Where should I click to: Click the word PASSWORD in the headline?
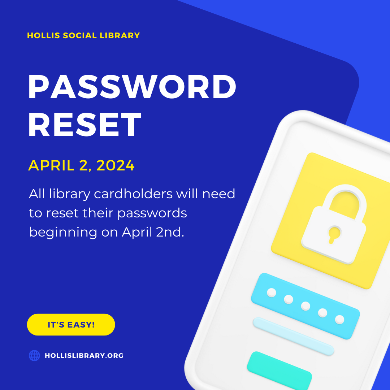click(x=132, y=87)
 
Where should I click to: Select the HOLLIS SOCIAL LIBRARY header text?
click(x=83, y=35)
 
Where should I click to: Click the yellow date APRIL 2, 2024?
click(x=81, y=165)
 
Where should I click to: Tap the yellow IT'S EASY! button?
click(x=71, y=325)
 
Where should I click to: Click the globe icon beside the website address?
click(x=34, y=355)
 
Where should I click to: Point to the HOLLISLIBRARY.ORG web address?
click(x=84, y=355)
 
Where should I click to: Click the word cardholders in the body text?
click(x=133, y=194)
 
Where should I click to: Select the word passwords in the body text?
click(x=152, y=213)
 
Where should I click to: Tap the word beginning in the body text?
click(x=63, y=233)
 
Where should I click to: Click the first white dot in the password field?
click(x=271, y=292)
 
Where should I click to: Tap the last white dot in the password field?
click(x=339, y=320)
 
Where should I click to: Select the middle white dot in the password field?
click(x=305, y=306)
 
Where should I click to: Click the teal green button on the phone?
click(x=279, y=370)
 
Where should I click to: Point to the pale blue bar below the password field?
click(x=294, y=336)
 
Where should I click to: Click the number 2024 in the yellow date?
click(x=116, y=165)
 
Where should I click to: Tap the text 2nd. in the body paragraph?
click(x=170, y=232)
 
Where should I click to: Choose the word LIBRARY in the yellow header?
click(x=120, y=35)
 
